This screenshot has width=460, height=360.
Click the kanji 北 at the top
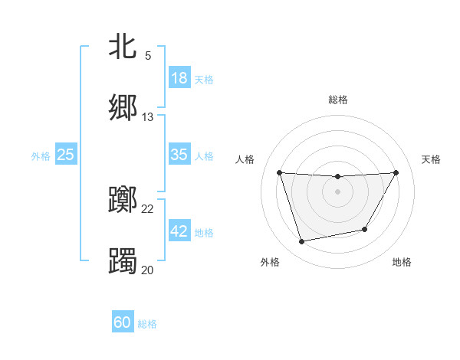tap(123, 46)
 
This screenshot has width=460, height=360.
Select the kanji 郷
tap(123, 107)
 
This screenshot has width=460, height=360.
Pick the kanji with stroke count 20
tap(123, 260)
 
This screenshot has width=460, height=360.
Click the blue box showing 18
tap(179, 77)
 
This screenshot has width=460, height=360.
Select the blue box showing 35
tap(179, 155)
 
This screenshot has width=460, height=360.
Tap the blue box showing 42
tap(179, 231)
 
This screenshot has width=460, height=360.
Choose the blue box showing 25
tap(66, 155)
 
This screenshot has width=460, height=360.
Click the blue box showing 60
tap(123, 322)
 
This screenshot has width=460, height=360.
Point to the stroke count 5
tap(148, 56)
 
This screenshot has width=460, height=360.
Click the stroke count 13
tap(148, 117)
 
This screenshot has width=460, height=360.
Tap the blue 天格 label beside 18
tap(204, 79)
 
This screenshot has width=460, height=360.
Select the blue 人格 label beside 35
tap(204, 156)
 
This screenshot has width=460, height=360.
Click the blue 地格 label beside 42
tap(204, 233)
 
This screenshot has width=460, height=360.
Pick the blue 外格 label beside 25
tap(41, 156)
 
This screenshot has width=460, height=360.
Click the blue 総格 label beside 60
tap(147, 324)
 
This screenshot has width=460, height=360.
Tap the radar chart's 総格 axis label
tap(338, 100)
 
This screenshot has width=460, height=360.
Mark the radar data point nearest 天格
tap(396, 172)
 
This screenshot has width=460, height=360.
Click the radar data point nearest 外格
tap(302, 241)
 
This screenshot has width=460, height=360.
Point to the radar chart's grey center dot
tap(338, 191)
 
